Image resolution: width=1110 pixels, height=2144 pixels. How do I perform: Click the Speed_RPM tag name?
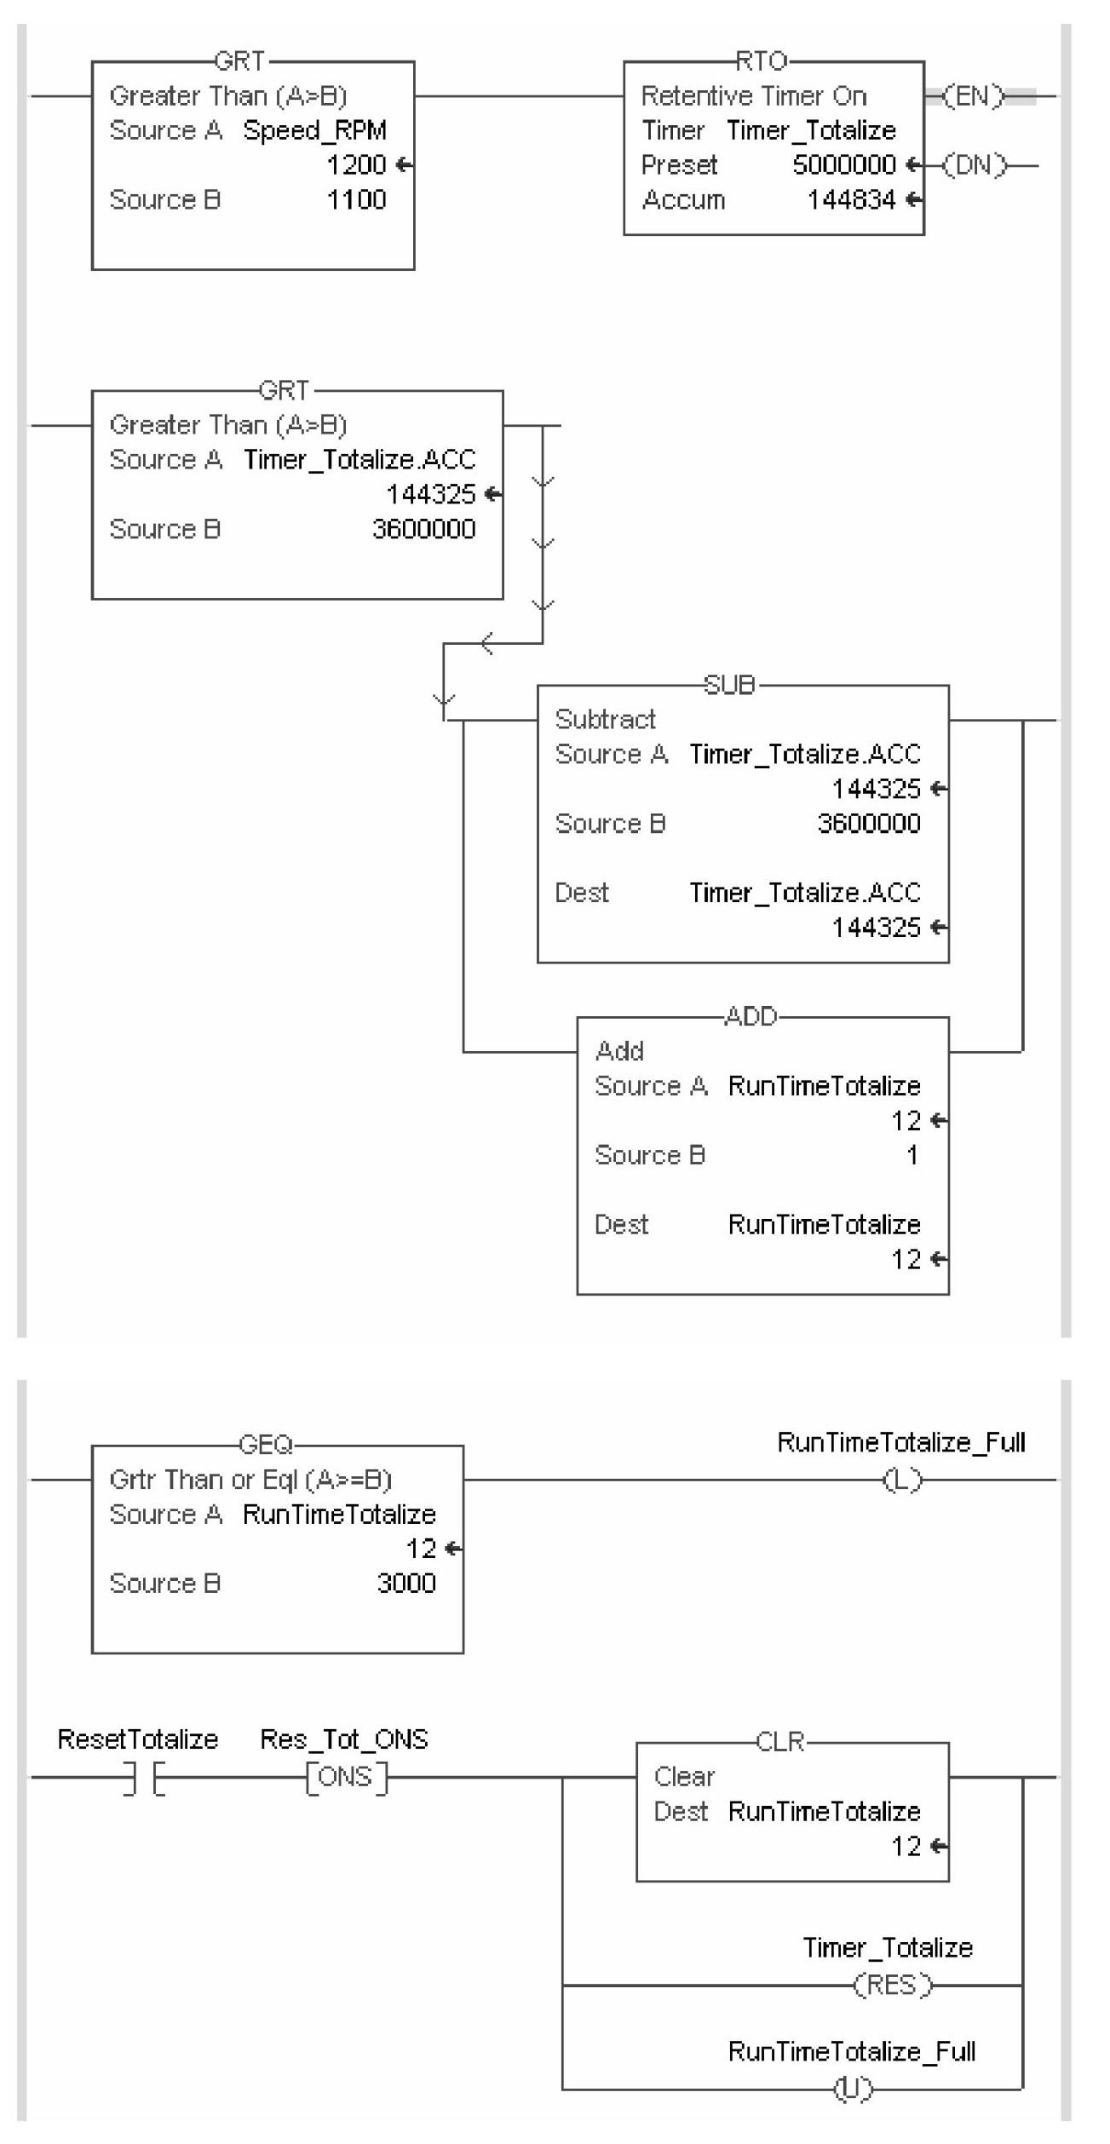[x=314, y=130]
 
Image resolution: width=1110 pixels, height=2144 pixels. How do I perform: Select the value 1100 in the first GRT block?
[x=356, y=200]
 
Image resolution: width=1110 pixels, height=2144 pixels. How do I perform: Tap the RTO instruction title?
[x=761, y=61]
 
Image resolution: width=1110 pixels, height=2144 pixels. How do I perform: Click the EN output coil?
[x=974, y=96]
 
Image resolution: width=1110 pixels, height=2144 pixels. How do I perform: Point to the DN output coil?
[x=974, y=165]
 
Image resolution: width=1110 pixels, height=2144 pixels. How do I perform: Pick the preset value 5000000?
[x=843, y=165]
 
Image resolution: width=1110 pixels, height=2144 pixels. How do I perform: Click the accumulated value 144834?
[x=851, y=200]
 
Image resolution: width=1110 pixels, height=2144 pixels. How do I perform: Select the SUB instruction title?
[x=729, y=685]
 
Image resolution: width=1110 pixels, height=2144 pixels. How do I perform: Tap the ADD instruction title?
[x=751, y=1016]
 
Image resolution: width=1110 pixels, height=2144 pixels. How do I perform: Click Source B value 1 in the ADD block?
[x=912, y=1155]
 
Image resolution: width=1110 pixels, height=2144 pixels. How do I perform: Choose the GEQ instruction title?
[x=266, y=1445]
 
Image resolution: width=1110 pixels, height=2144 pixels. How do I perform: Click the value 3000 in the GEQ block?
[x=406, y=1584]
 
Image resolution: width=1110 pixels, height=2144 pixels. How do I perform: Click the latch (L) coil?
[x=902, y=1480]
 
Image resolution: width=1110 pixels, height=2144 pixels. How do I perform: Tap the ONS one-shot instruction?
[x=346, y=1778]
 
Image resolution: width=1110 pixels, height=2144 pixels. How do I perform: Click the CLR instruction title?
[x=780, y=1742]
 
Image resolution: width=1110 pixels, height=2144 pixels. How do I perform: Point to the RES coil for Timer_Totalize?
[x=893, y=1986]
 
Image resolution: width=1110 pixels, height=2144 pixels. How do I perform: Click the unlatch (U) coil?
[x=853, y=2089]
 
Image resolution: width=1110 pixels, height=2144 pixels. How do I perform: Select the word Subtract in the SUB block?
[x=605, y=720]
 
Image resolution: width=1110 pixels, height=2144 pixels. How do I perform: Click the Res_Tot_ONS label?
[x=343, y=1739]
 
